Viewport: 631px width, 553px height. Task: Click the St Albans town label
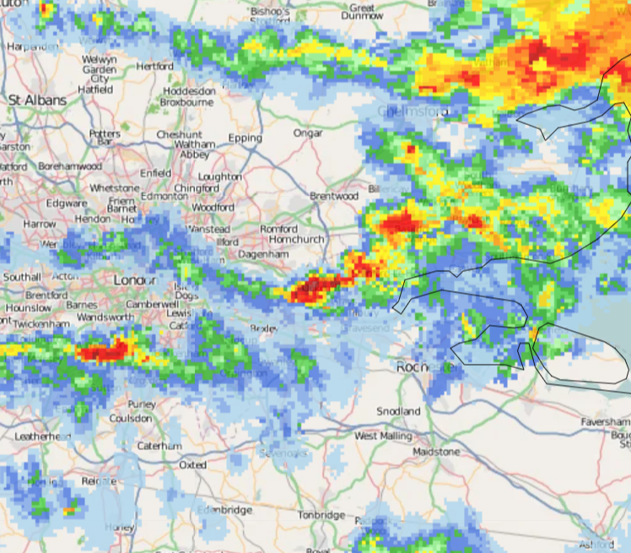(38, 100)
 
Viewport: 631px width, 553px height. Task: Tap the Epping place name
(245, 138)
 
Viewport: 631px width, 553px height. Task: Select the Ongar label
(308, 133)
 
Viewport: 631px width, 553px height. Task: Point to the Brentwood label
(334, 196)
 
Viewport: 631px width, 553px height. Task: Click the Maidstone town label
(436, 452)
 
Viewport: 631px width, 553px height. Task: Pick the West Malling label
(384, 436)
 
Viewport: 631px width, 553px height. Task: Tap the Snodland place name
(398, 411)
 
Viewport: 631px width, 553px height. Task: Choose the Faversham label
(605, 421)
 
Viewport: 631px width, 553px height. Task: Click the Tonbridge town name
(321, 515)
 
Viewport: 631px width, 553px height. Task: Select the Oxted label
(192, 464)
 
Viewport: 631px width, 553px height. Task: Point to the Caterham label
(159, 445)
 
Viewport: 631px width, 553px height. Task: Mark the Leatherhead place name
(43, 436)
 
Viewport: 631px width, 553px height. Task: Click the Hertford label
(154, 66)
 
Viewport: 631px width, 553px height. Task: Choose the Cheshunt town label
(179, 134)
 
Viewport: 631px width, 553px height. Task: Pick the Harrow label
(39, 225)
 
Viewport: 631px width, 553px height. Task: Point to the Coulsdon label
(131, 418)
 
